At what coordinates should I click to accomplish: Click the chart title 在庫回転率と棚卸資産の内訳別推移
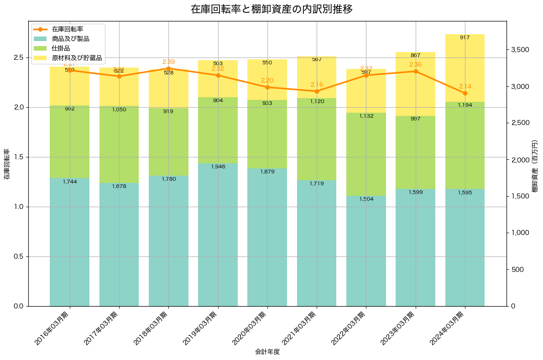(271, 9)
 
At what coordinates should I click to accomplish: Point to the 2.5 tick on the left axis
(18, 57)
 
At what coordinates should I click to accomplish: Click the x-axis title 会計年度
(267, 352)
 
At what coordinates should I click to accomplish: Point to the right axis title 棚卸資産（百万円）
(535, 163)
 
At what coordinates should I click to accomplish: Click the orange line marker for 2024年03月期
(465, 93)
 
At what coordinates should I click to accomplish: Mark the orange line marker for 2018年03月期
(168, 68)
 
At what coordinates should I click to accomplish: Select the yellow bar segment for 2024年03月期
(465, 68)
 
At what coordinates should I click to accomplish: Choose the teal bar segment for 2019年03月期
(218, 235)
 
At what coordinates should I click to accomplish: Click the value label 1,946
(218, 167)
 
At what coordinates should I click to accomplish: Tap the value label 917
(465, 37)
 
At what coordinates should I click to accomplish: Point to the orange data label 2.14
(465, 86)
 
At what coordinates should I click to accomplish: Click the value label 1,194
(465, 105)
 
